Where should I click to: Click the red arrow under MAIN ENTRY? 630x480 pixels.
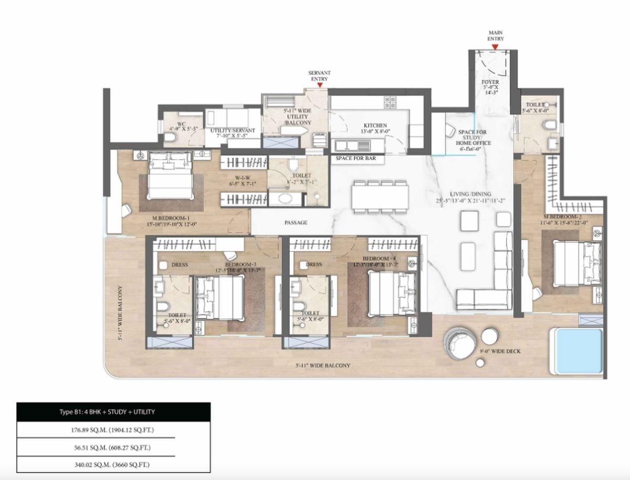(x=495, y=47)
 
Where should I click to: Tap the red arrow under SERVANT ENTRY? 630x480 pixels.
(x=319, y=85)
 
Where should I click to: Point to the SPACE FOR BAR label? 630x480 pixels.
(x=356, y=158)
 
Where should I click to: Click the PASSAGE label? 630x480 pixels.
(x=296, y=223)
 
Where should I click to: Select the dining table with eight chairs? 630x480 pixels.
(x=381, y=197)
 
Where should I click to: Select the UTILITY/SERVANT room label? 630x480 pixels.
(x=233, y=130)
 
